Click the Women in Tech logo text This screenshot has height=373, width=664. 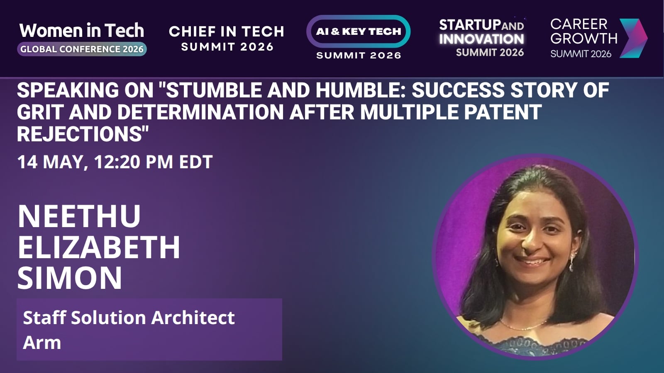81,31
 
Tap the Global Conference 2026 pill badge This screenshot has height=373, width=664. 82,49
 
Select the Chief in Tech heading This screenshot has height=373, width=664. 227,31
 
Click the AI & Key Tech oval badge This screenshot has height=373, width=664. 359,31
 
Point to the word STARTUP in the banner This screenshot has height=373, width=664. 470,25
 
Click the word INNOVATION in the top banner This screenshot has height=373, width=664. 481,39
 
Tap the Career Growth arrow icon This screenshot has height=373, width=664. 633,38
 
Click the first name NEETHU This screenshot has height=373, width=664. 79,216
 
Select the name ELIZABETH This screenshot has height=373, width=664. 99,247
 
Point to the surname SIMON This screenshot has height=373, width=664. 70,278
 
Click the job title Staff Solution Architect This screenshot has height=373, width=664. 129,317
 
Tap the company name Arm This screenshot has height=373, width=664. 42,342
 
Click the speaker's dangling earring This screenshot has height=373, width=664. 571,263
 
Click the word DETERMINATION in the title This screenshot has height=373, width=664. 201,112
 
